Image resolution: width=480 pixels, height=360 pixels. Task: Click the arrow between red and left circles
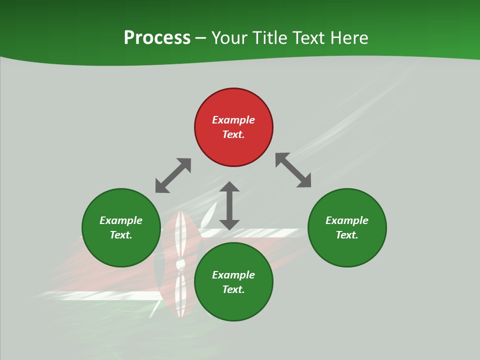coord(173,175)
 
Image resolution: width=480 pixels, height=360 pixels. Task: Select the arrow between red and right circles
coord(293,170)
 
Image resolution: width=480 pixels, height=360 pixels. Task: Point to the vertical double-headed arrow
coord(229,205)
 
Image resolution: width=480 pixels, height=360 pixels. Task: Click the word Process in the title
coord(157,38)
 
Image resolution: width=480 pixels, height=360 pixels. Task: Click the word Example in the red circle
coord(233,120)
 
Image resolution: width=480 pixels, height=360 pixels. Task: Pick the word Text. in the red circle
coord(233,134)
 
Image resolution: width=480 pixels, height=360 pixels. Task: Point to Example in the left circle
coord(121,220)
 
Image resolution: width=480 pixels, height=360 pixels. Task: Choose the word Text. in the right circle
coord(347,235)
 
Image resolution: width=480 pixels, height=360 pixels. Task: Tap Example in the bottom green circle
coord(233,275)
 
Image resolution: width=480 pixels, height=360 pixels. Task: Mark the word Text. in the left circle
coord(121,235)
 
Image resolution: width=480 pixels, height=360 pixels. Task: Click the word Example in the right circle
coord(347,220)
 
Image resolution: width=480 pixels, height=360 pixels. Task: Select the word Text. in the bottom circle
coord(233,289)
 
